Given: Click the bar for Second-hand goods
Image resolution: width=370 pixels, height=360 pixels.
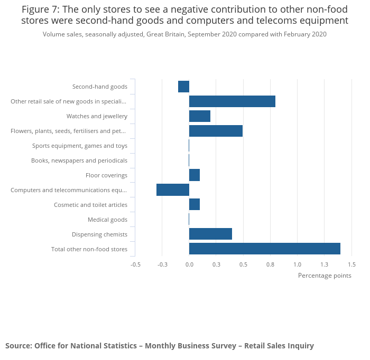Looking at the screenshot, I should pos(183,87).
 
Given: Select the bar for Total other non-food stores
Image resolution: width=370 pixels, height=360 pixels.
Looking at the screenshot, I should pos(264,249).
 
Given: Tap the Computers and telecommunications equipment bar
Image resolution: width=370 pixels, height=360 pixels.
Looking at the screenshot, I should pos(173,190).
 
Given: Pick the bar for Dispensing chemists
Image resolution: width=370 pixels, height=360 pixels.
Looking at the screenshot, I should pos(210,234).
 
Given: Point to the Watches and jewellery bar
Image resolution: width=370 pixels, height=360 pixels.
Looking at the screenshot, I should pos(200,116).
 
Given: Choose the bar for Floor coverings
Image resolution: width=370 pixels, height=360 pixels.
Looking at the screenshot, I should pos(195,175).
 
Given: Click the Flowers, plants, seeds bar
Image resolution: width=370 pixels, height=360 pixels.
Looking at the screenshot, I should pos(216,131).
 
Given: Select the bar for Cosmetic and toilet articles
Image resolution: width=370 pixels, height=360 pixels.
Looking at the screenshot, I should pos(195,204).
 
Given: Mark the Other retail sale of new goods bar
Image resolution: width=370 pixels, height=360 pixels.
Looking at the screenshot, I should pos(232,101).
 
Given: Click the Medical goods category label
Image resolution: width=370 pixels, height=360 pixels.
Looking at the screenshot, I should pos(107,220).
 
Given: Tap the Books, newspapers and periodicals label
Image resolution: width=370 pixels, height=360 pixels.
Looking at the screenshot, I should pos(79,160).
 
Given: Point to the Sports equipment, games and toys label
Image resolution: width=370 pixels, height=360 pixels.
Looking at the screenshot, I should pos(80,146).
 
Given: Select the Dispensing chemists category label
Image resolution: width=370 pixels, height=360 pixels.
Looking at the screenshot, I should pos(99,234).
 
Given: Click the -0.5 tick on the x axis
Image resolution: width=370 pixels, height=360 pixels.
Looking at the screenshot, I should pos(136,264).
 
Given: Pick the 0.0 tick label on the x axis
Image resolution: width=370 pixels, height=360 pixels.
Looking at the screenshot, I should pos(189,264).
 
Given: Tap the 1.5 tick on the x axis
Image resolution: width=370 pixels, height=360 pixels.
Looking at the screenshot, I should pos(351,264).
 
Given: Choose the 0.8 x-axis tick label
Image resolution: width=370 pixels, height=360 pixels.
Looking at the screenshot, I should pos(270,264).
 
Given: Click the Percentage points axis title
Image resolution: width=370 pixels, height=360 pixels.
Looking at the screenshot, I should pos(325,275).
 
